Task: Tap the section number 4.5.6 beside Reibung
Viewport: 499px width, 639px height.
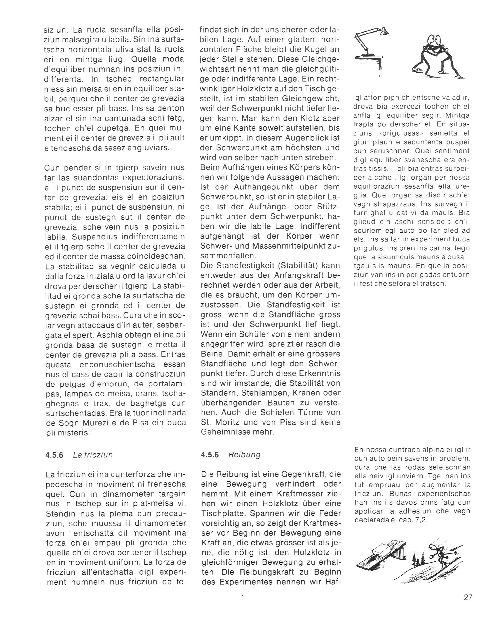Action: [x=210, y=455]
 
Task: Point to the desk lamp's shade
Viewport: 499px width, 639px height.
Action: [x=383, y=31]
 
